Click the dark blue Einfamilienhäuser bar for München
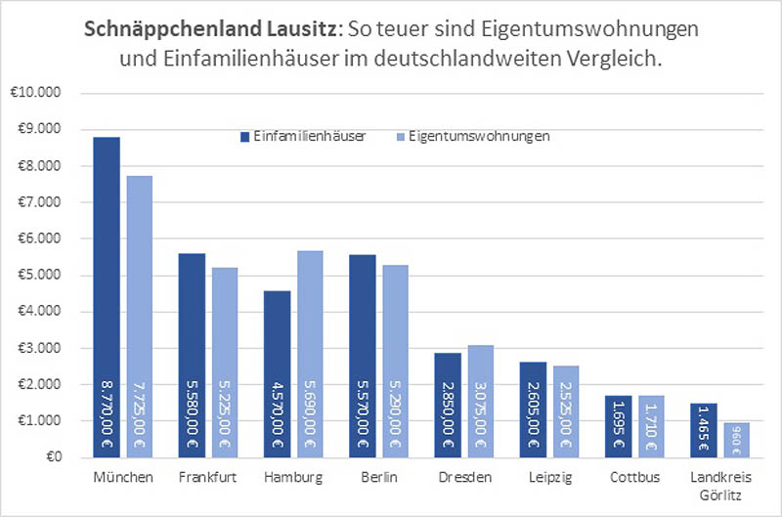107,293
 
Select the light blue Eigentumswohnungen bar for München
139,313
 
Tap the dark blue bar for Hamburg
278,371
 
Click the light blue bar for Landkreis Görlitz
736,440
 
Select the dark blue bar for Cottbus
619,426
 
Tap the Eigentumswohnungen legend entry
472,137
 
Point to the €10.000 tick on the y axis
35,93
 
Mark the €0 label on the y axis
50,456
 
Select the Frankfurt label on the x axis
208,479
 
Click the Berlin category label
378,479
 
